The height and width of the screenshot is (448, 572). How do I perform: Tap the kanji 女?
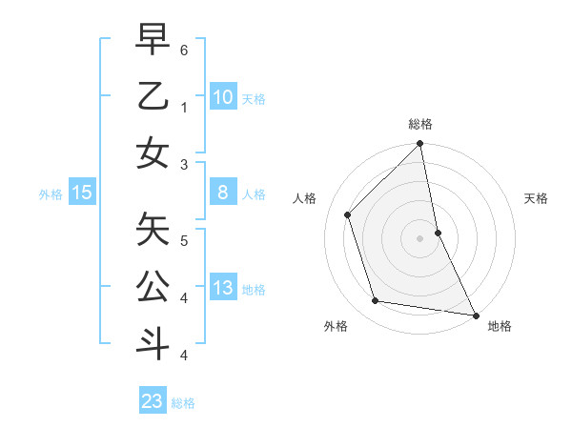[153, 153]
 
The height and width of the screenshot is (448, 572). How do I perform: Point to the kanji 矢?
[153, 229]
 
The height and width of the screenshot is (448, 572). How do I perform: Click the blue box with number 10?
[222, 96]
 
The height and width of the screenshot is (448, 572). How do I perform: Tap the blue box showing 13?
[222, 289]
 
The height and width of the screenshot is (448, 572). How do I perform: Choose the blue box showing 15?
[82, 193]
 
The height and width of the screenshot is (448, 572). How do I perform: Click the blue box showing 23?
[153, 401]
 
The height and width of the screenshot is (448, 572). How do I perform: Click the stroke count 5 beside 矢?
[183, 241]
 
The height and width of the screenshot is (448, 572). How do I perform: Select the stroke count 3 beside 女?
[183, 165]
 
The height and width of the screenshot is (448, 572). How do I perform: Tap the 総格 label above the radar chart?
[420, 124]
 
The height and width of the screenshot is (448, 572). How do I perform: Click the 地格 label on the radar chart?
[500, 326]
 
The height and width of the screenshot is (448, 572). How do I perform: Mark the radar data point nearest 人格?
[348, 214]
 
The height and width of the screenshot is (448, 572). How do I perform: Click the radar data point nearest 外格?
[376, 301]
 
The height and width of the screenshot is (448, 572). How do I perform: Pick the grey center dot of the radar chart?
[420, 238]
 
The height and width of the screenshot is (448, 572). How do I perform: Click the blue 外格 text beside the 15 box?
[51, 194]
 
